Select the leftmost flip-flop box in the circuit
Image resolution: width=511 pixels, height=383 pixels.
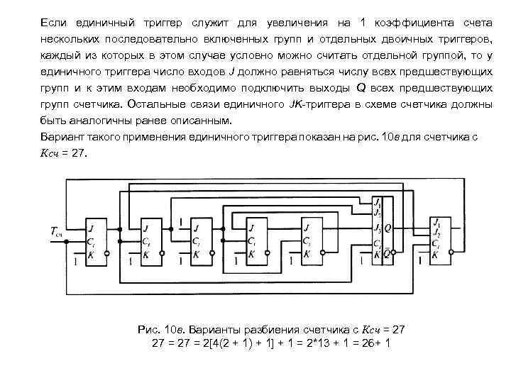[x=95, y=240]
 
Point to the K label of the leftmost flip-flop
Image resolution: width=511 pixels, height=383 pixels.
[x=91, y=253]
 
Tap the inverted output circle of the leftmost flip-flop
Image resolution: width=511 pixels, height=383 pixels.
[x=106, y=253]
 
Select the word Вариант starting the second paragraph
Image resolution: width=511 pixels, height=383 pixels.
[x=62, y=137]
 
